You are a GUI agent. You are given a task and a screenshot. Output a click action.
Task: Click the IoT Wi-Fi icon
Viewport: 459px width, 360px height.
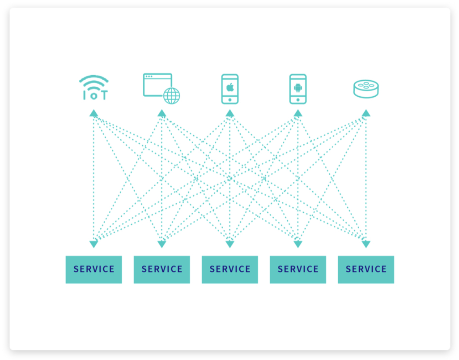click(x=94, y=88)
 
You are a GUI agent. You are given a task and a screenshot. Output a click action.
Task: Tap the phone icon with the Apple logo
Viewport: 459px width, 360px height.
click(x=230, y=89)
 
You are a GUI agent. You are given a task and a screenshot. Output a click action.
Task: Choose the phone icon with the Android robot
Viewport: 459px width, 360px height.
click(x=298, y=89)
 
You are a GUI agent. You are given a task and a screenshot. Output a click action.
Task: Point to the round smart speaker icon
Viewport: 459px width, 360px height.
click(x=366, y=88)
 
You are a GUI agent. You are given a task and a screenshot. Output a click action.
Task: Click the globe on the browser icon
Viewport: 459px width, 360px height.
click(x=172, y=96)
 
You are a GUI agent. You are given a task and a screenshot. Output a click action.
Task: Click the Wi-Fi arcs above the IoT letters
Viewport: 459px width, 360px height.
click(x=94, y=81)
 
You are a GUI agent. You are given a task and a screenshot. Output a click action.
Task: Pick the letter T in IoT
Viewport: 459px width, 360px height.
click(x=103, y=95)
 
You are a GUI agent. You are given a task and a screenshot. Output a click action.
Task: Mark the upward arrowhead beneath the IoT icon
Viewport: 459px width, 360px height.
click(x=93, y=113)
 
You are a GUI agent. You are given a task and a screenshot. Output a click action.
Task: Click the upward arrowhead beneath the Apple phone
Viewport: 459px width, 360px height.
click(x=230, y=113)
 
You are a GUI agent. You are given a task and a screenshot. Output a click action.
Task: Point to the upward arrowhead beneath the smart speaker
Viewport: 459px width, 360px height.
click(x=366, y=113)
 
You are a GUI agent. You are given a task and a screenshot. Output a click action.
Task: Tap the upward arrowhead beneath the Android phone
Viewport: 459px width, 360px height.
click(x=298, y=113)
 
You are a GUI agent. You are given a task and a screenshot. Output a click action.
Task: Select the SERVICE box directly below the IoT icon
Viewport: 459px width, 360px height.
click(x=93, y=269)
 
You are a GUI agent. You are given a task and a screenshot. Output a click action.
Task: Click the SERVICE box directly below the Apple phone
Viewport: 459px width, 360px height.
click(x=230, y=269)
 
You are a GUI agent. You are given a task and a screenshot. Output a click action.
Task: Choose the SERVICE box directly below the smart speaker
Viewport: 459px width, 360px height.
click(x=366, y=269)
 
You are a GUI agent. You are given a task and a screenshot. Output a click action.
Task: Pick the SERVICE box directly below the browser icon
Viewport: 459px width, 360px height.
click(x=161, y=269)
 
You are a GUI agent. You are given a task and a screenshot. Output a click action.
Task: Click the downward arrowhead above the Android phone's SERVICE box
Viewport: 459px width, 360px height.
click(x=298, y=244)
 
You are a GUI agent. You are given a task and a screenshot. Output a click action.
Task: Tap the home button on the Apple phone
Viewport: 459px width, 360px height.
click(x=230, y=100)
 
